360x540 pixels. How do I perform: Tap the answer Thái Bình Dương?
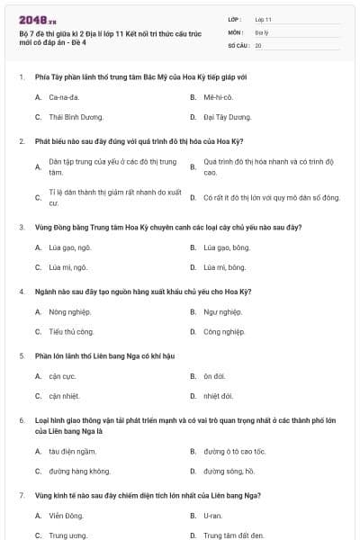coord(76,117)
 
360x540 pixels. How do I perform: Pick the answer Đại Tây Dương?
coord(227,117)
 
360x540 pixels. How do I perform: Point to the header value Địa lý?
coord(263,31)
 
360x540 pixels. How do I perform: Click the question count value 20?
coord(259,45)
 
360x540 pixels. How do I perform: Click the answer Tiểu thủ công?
coord(72,332)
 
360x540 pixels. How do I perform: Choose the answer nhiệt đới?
coord(219,396)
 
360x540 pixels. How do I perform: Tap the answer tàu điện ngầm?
coord(72,451)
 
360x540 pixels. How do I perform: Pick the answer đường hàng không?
coord(80,471)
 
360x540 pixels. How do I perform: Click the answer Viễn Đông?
coord(66,516)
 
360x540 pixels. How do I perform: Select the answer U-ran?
coord(212,516)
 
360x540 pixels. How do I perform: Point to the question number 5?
coord(21,355)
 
